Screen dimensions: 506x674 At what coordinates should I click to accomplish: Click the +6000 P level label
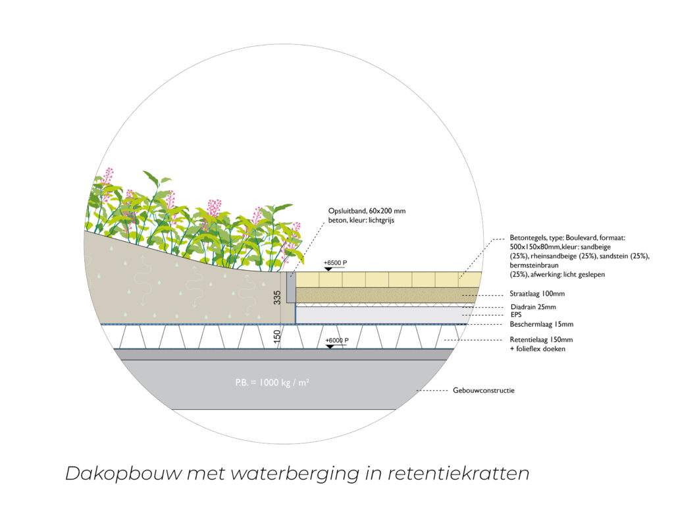pyautogui.click(x=336, y=340)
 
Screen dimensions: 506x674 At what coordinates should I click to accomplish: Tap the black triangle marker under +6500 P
pyautogui.click(x=328, y=269)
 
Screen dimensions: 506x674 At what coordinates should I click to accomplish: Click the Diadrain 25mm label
pyautogui.click(x=533, y=306)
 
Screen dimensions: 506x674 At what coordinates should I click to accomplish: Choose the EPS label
pyautogui.click(x=516, y=315)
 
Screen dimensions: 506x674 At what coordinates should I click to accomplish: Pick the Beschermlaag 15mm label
pyautogui.click(x=541, y=324)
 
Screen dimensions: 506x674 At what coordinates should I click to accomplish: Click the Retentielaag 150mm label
pyautogui.click(x=541, y=340)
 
